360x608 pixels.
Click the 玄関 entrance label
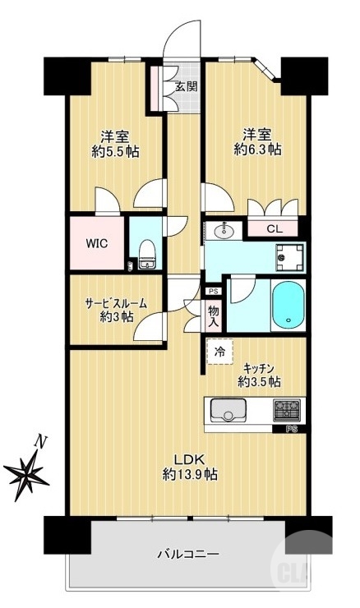[x=186, y=85]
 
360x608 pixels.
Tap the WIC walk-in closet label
[x=98, y=243]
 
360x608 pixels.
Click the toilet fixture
[x=147, y=255]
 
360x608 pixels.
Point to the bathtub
[x=286, y=305]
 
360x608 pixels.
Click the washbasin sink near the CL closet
[x=226, y=231]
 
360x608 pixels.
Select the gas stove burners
[x=288, y=408]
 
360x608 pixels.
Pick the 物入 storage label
[x=213, y=316]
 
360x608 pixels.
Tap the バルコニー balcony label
[x=188, y=555]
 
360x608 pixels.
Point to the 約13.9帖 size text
[x=189, y=474]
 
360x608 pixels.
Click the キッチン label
[x=260, y=367]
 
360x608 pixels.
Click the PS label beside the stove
[x=291, y=429]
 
